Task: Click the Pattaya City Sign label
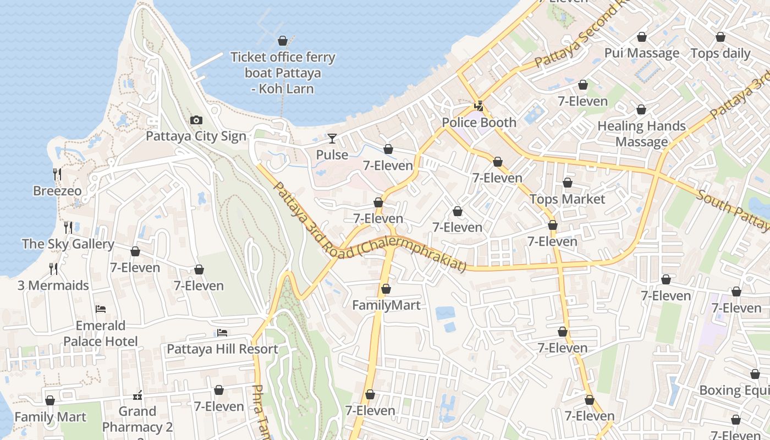point(196,136)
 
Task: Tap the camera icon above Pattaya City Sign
point(196,120)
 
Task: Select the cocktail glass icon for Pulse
point(332,138)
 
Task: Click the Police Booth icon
point(479,106)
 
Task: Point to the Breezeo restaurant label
point(57,191)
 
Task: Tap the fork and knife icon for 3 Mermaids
point(53,268)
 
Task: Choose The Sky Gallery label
point(68,244)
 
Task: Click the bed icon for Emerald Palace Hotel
point(100,309)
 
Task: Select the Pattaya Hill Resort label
point(222,349)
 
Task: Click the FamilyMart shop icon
point(386,289)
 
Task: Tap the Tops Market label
point(567,199)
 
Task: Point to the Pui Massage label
point(641,53)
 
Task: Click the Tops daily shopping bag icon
point(721,37)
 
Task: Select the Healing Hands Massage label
point(641,134)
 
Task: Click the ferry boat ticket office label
point(283,73)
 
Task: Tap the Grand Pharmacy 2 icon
point(137,395)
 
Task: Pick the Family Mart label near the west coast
point(50,417)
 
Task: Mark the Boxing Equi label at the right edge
point(734,391)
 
